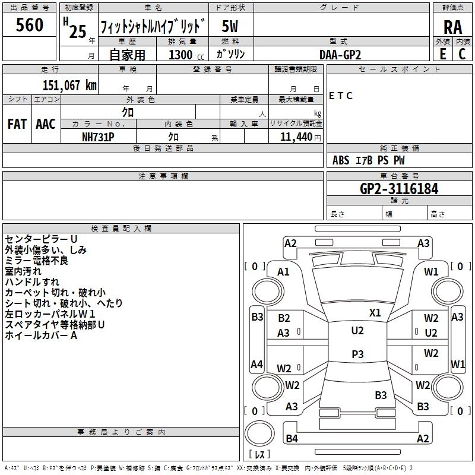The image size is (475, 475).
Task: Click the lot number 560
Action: click(x=30, y=25)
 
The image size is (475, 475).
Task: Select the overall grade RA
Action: click(x=452, y=27)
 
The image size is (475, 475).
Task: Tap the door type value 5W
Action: click(x=230, y=26)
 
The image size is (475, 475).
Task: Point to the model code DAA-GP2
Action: click(x=340, y=54)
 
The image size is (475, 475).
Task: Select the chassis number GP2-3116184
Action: click(x=399, y=189)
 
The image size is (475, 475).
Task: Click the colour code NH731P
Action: click(x=98, y=137)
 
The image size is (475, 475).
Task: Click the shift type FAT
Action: click(x=17, y=123)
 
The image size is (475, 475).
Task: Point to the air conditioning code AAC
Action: click(x=45, y=123)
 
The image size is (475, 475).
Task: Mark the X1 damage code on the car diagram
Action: click(x=375, y=312)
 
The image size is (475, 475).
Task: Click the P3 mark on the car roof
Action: click(x=357, y=354)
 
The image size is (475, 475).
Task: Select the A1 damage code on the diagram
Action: click(x=284, y=271)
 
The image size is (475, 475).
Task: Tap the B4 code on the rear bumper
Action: click(x=292, y=439)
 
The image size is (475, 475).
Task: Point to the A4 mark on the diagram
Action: click(x=256, y=364)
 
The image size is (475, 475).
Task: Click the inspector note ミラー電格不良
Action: click(x=36, y=261)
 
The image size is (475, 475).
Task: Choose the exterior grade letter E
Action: click(x=442, y=54)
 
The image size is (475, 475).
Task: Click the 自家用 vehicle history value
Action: click(x=127, y=55)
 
